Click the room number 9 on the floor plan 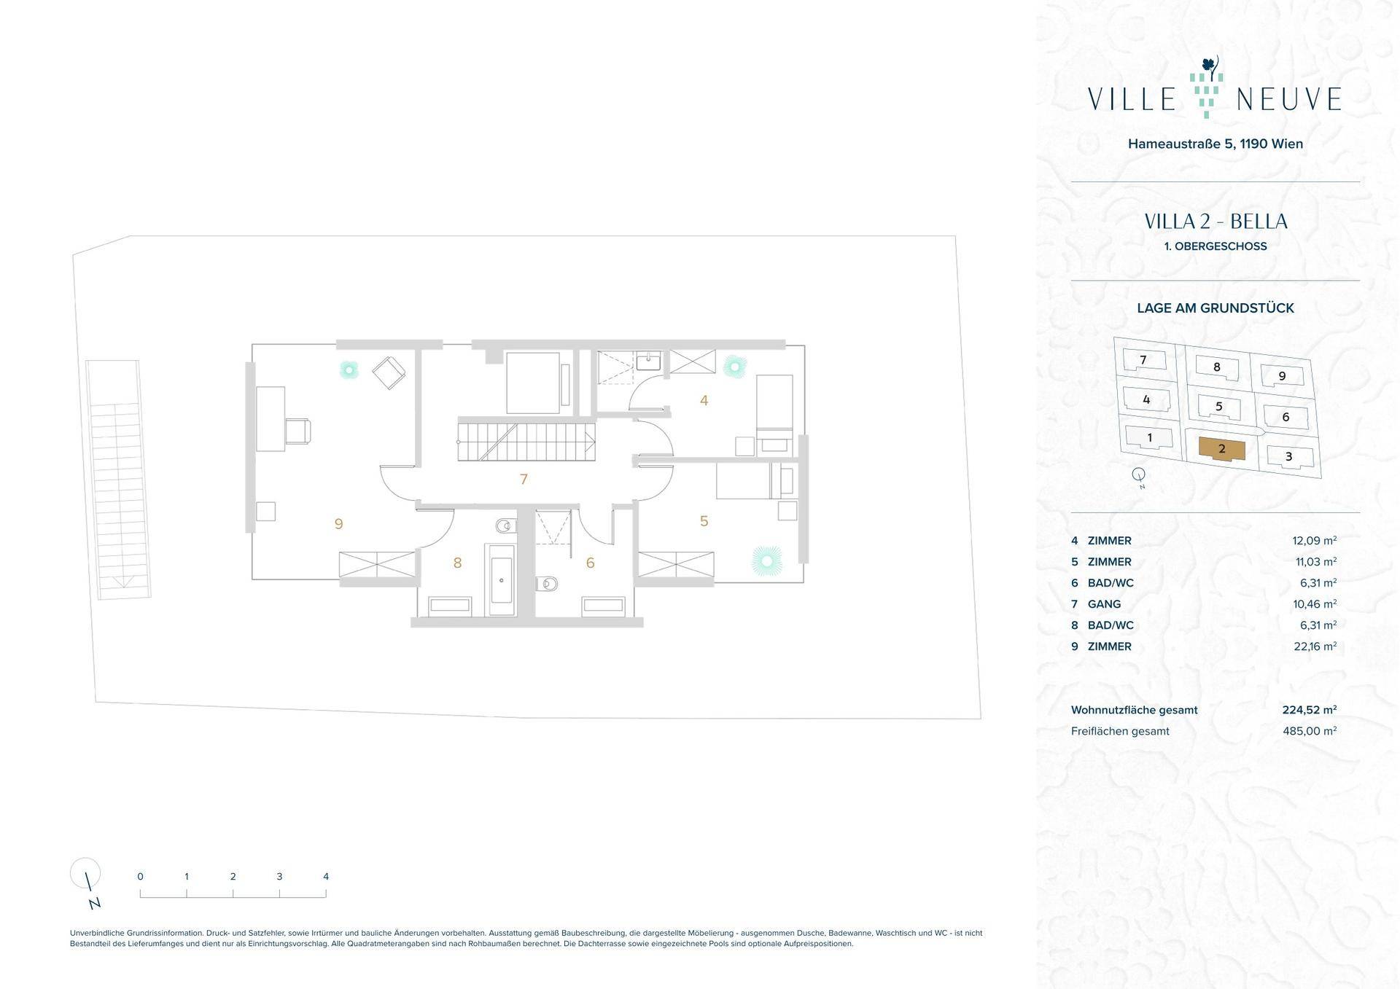click(338, 524)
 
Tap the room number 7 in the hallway click(524, 480)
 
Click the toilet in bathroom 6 click(546, 584)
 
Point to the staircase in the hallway click(526, 439)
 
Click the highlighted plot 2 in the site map click(1222, 449)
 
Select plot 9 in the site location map click(1283, 376)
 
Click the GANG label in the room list click(1104, 604)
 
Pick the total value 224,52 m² click(1310, 710)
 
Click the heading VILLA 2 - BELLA click(1216, 222)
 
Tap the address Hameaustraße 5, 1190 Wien click(1216, 144)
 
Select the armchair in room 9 click(389, 372)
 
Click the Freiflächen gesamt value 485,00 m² click(1310, 731)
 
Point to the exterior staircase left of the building click(118, 479)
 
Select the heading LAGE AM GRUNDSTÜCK click(1216, 308)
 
